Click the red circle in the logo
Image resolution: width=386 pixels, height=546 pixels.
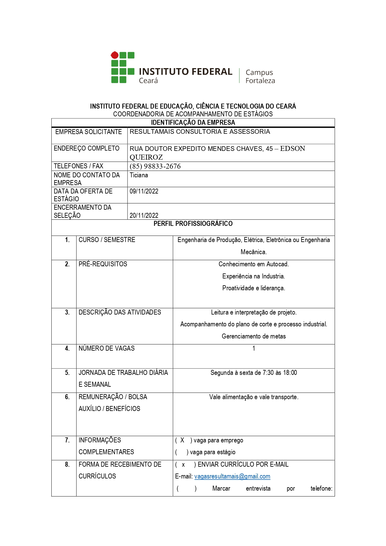pos(115,55)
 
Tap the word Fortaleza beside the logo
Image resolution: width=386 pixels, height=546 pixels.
pos(260,81)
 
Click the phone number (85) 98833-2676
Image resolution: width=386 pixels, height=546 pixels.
pos(155,166)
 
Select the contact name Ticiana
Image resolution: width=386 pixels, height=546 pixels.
pos(139,175)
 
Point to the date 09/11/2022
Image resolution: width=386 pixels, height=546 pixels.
pos(144,191)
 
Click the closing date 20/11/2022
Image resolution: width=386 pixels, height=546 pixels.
pos(144,215)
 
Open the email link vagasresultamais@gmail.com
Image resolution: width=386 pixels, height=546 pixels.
pos(232,476)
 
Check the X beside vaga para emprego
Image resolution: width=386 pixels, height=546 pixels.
pos(182,440)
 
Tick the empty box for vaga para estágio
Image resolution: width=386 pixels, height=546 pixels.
pos(181,452)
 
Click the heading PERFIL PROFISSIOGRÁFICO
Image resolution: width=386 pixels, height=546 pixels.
pos(193,224)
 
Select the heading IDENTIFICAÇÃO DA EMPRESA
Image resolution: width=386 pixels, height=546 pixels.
pos(193,123)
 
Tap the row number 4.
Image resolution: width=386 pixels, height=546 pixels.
pos(67,348)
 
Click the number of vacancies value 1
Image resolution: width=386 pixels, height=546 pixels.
pos(254,348)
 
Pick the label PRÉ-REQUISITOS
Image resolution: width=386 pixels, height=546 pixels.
pos(103,264)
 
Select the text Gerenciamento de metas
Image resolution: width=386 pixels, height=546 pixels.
pos(253,336)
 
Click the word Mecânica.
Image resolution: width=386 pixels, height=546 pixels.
pos(253,252)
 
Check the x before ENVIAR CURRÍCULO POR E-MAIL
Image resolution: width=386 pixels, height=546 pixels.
pos(183,465)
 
